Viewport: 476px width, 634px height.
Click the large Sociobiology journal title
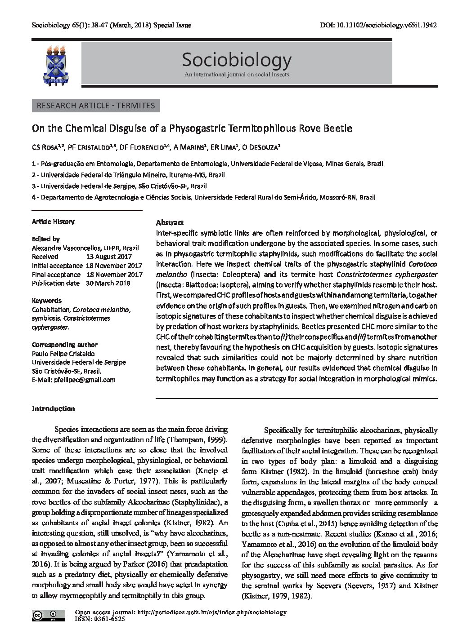click(x=237, y=59)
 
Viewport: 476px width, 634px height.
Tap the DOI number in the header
click(x=386, y=26)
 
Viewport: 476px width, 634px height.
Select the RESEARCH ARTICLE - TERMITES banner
click(x=96, y=106)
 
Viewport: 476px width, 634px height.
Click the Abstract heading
click(x=170, y=222)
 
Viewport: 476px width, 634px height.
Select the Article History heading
click(x=53, y=222)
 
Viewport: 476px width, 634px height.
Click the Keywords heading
click(x=47, y=301)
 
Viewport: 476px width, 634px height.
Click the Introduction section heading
click(x=53, y=408)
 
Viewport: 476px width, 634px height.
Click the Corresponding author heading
click(x=64, y=345)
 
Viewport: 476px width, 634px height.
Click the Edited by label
click(x=45, y=239)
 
